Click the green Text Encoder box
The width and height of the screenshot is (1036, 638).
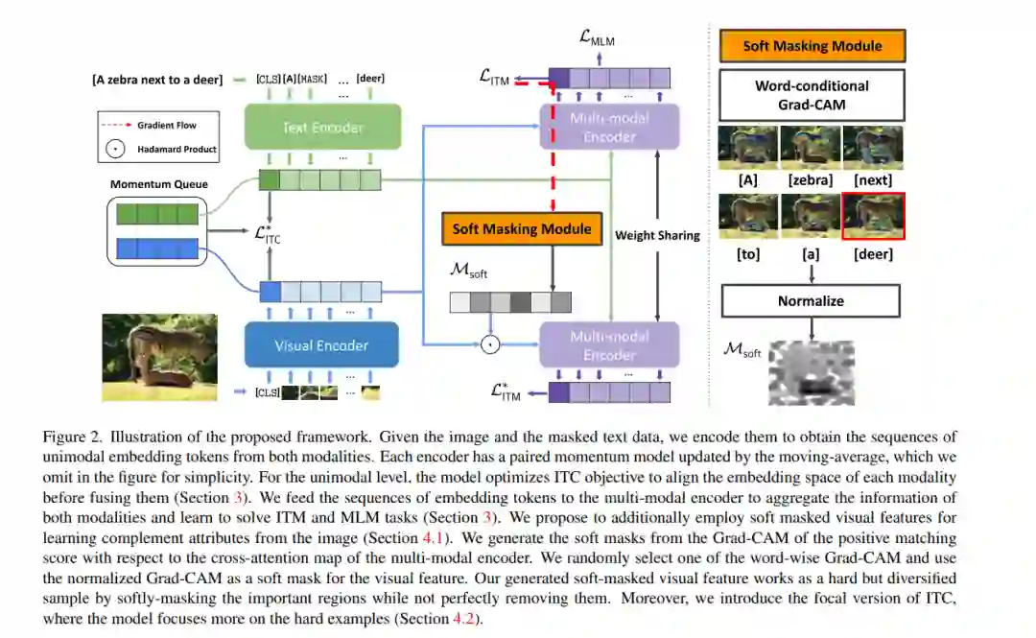tap(321, 127)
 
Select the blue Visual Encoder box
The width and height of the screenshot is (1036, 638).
tap(321, 345)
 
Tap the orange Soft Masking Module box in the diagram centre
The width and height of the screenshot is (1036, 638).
tap(522, 228)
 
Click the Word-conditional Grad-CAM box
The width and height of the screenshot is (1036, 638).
tap(812, 94)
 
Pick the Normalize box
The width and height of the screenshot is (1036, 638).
tap(811, 300)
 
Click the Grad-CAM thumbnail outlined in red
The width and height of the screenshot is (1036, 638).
tap(873, 216)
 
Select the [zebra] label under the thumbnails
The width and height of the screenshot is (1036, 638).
tap(811, 179)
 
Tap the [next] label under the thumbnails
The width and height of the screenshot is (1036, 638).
tap(872, 179)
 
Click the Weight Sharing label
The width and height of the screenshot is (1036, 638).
tap(657, 235)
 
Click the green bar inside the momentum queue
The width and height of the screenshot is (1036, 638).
tap(155, 213)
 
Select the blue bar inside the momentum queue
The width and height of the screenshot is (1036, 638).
tap(155, 249)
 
